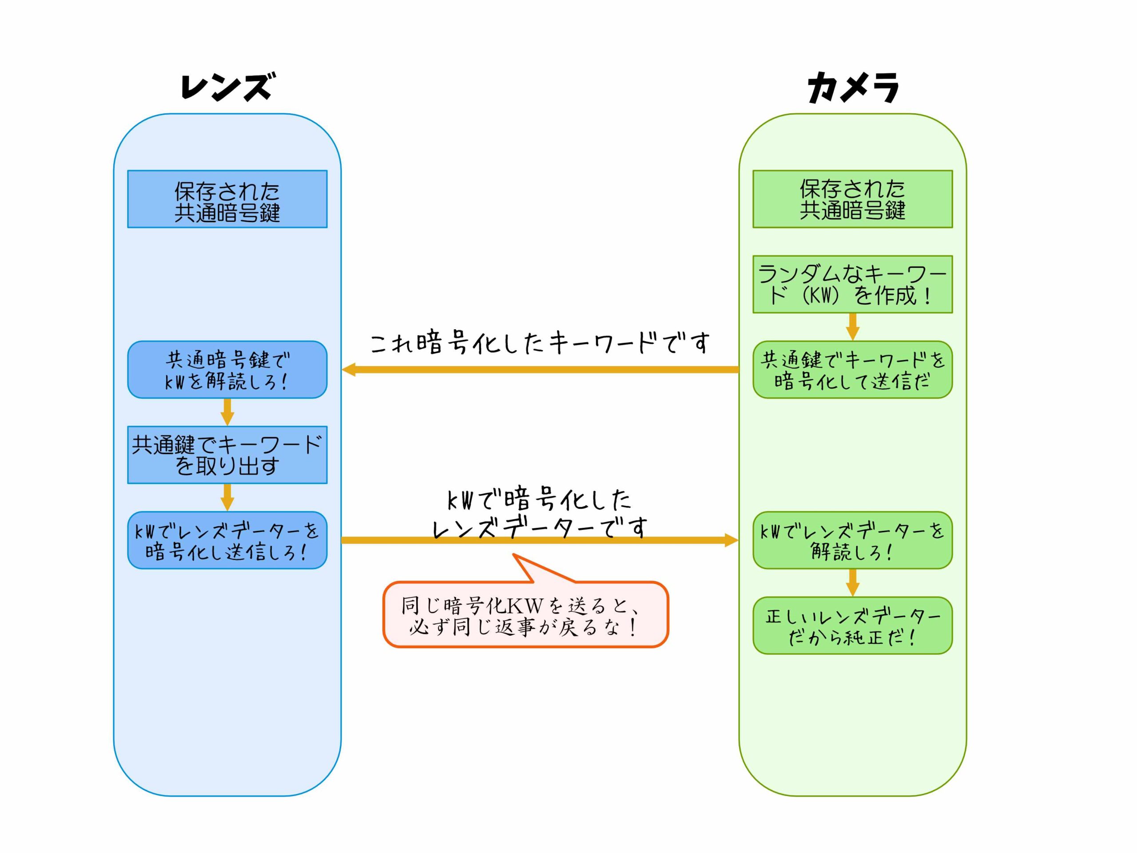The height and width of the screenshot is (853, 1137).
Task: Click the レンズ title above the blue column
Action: pos(228,86)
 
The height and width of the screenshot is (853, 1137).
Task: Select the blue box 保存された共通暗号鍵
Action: pos(227,199)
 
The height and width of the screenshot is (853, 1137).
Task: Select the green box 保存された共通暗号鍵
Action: pos(852,199)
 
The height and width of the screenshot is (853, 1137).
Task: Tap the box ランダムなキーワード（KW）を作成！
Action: pos(852,284)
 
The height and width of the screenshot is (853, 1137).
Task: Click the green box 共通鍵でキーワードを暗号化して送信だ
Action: pos(852,370)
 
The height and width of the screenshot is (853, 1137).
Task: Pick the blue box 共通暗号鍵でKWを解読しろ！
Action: pos(227,370)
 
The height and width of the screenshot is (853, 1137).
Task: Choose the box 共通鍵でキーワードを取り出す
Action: pos(227,455)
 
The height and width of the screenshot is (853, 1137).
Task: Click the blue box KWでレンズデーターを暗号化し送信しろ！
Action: pos(227,540)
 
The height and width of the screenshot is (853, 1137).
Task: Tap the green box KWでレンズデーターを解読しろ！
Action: pos(852,540)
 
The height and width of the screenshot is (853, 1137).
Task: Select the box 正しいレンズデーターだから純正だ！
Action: pos(852,626)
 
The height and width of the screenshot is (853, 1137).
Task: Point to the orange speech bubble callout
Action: pos(525,614)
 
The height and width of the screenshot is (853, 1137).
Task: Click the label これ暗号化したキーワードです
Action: pos(540,343)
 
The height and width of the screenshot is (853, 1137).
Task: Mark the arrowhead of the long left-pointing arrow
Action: pos(349,370)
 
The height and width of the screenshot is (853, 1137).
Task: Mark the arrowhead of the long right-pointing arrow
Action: pos(731,540)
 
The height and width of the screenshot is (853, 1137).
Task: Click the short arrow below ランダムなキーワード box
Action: pos(852,327)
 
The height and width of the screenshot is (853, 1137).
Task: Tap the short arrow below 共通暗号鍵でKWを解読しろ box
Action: pos(227,412)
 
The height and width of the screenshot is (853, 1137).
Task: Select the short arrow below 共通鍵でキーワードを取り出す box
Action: pos(227,497)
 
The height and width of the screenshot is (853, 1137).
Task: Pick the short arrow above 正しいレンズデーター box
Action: pos(852,582)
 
